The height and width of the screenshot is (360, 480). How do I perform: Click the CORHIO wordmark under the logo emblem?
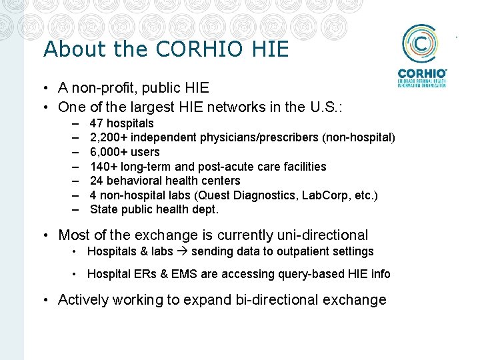point(421,73)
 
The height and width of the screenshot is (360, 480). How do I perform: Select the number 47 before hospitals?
point(96,123)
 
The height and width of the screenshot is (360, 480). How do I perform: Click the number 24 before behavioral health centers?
point(96,181)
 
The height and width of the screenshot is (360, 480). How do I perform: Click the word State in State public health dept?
point(103,209)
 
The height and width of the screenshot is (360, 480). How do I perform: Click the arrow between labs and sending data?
point(182,252)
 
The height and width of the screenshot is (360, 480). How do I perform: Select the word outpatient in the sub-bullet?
point(302,251)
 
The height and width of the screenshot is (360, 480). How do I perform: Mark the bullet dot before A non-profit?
point(49,88)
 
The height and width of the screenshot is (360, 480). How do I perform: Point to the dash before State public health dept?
point(77,209)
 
